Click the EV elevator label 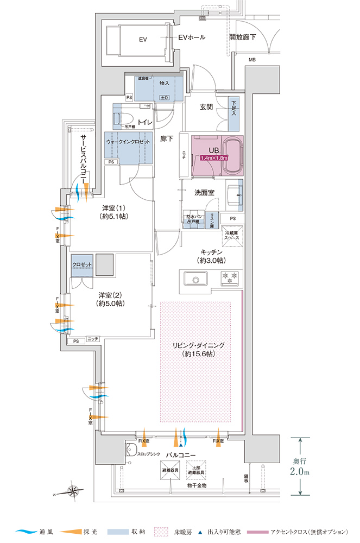[143, 40]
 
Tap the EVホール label [192, 37]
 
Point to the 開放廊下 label [243, 37]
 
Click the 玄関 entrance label [206, 108]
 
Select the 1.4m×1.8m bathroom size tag [214, 158]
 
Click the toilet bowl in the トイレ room [124, 119]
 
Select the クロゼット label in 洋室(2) [82, 264]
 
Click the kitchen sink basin [194, 279]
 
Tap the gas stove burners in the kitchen [230, 279]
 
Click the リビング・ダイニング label [199, 349]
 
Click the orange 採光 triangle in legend [68, 531]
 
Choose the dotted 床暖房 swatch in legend [162, 531]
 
